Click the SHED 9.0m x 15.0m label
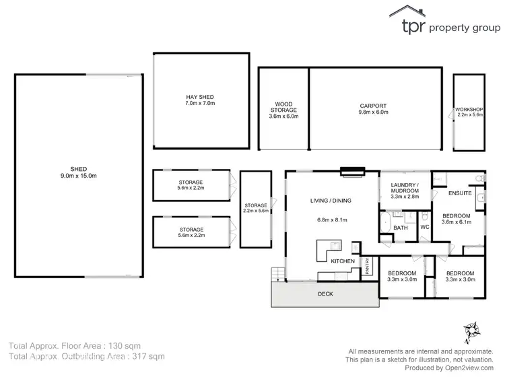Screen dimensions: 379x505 (x=79, y=172)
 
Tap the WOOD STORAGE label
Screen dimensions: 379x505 (x=283, y=110)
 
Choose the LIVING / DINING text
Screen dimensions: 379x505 (x=331, y=200)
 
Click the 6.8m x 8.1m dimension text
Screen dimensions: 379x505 (x=331, y=219)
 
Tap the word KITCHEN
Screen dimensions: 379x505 (x=342, y=260)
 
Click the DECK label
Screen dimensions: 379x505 (x=326, y=294)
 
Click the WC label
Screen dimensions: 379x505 (x=425, y=228)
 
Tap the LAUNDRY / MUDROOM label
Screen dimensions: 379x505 (x=405, y=191)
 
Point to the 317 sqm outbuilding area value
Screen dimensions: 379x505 (x=149, y=356)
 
